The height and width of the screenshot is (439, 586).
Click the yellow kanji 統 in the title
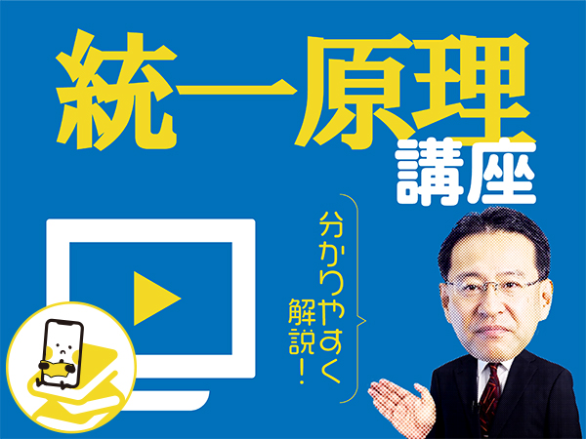click(116, 90)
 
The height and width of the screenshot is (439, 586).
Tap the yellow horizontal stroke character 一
click(236, 90)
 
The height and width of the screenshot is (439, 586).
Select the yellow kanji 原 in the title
click(356, 91)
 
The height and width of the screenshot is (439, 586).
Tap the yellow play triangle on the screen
click(157, 299)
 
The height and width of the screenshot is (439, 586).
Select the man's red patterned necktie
click(489, 398)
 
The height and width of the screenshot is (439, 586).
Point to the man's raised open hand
click(401, 407)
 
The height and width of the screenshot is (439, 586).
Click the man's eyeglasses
click(494, 288)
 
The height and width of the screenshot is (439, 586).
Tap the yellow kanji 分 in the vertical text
click(330, 225)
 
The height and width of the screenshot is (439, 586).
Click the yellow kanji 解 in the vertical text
click(300, 311)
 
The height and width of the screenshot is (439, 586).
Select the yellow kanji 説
click(300, 342)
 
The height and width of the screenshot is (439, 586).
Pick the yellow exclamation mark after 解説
click(301, 372)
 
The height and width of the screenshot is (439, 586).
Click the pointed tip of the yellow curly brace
click(365, 320)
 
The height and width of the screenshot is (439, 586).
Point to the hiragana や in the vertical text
click(330, 311)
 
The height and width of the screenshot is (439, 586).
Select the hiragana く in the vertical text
click(331, 369)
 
